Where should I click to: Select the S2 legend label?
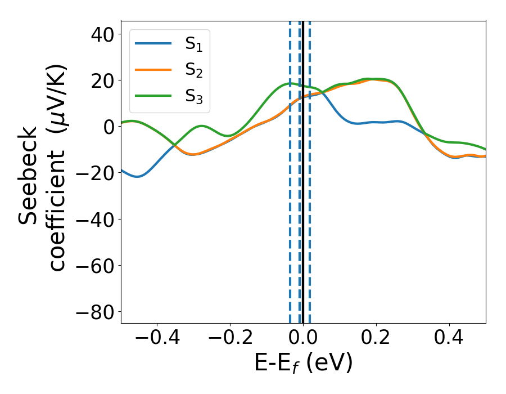point(193,70)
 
